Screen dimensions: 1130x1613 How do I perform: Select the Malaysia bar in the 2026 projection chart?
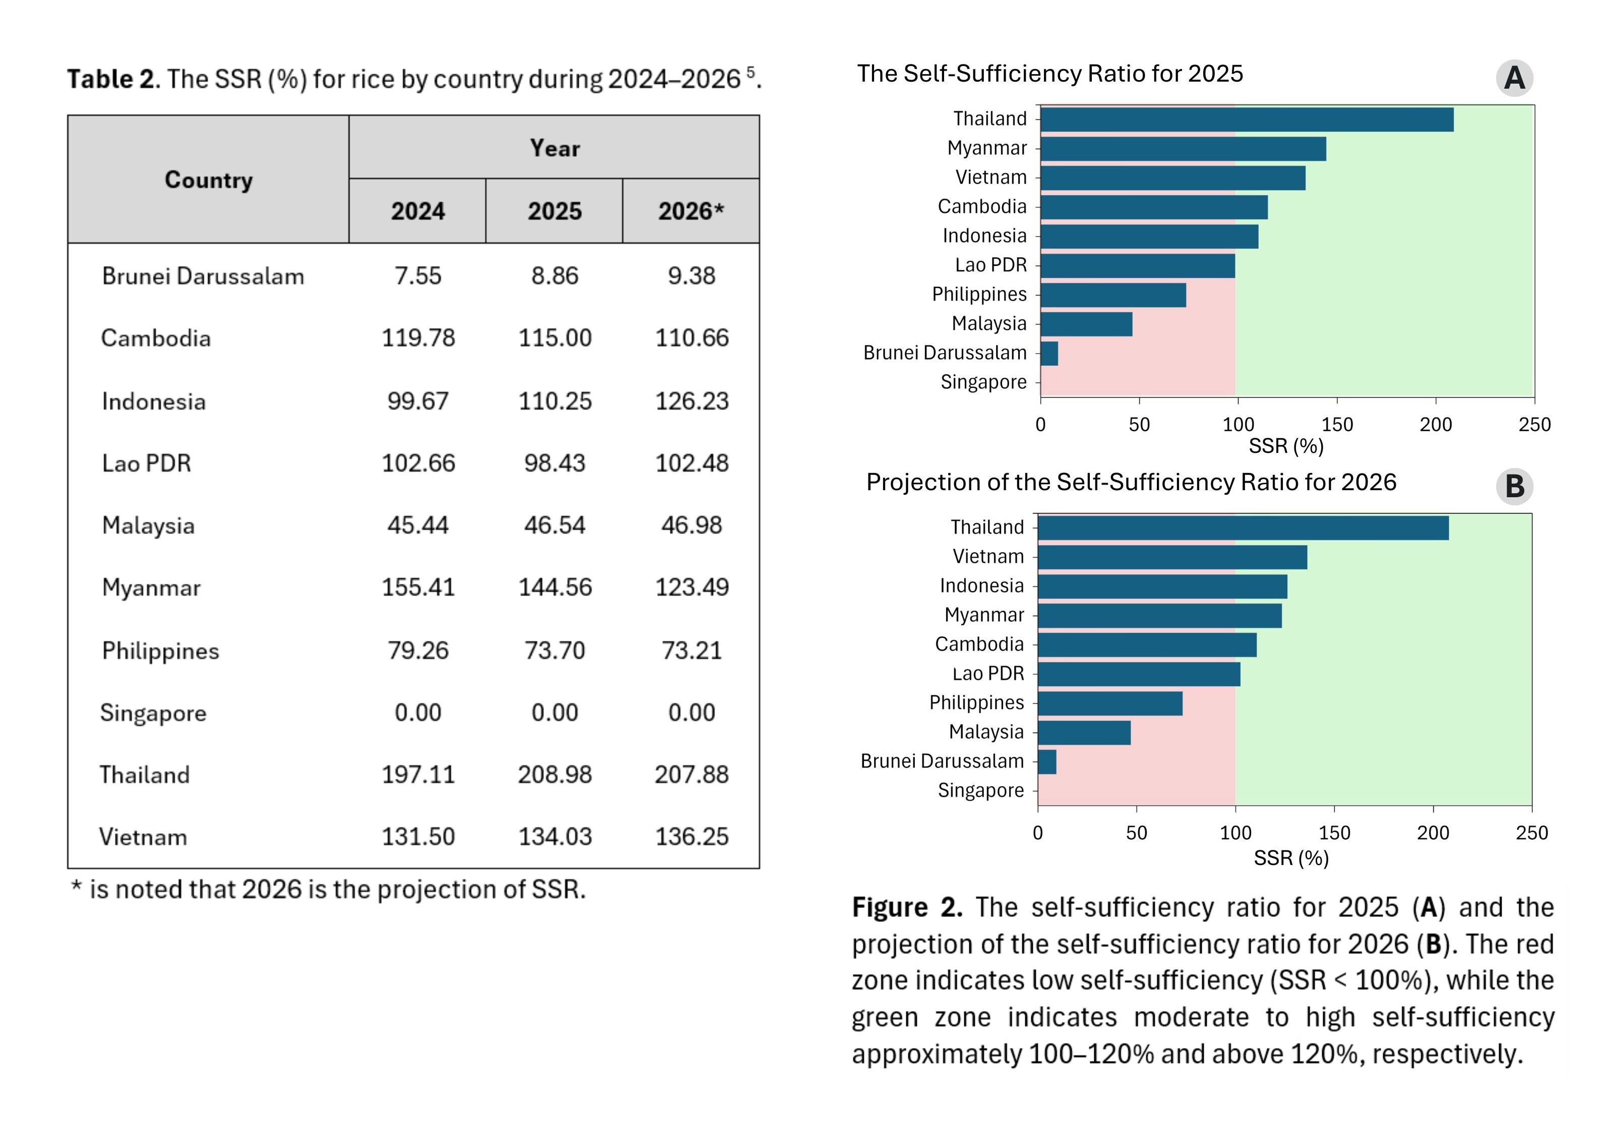1084,733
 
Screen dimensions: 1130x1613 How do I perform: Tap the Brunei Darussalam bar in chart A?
1049,353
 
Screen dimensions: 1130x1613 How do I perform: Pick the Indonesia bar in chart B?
1162,586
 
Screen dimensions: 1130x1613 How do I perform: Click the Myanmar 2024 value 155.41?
418,587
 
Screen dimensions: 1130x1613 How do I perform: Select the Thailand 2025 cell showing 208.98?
554,775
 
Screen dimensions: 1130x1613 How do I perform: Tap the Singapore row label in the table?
153,713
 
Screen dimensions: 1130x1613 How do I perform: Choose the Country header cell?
209,180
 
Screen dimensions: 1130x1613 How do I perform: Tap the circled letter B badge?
1514,486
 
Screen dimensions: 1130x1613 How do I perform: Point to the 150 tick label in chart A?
1336,424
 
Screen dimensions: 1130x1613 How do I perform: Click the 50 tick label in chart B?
1136,833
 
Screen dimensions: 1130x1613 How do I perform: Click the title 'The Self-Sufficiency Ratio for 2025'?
1049,74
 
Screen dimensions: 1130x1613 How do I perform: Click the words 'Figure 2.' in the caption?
907,907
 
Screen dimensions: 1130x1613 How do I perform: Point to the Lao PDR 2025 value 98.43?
554,463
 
